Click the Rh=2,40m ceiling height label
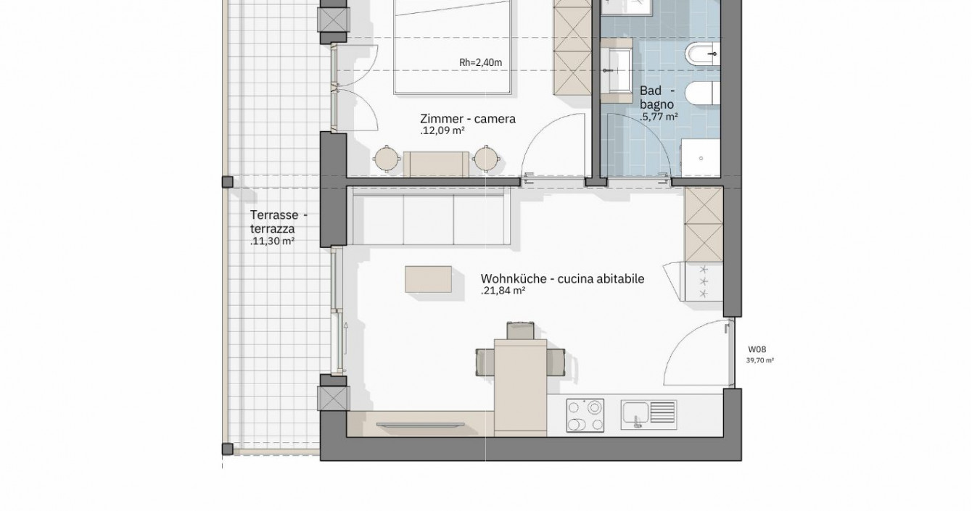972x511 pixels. [480, 63]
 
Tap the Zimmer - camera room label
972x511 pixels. [468, 119]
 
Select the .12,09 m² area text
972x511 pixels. [442, 131]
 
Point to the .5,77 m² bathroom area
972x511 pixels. [659, 117]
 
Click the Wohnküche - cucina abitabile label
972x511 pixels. [562, 278]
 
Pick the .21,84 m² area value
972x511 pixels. [503, 291]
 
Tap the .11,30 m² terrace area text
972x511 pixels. [272, 241]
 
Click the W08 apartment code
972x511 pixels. [757, 349]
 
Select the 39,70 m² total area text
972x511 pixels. [759, 360]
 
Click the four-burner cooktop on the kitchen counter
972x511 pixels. [585, 415]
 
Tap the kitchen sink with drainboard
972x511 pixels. [648, 415]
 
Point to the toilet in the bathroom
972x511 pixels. [702, 94]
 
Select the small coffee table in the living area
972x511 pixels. [428, 279]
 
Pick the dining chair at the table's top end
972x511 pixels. [520, 331]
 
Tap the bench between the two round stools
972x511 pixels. [436, 164]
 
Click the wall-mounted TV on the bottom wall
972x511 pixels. [420, 425]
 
